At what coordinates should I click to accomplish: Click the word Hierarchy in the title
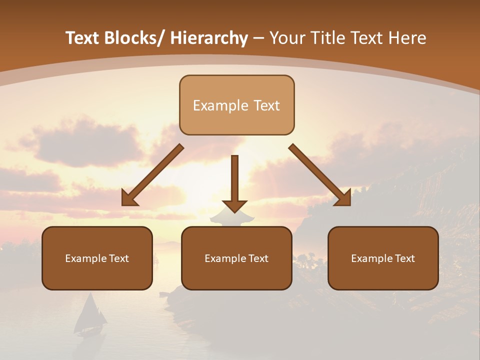click(209, 38)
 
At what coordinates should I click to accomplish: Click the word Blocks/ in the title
click(133, 38)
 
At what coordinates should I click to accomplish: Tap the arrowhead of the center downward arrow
click(234, 205)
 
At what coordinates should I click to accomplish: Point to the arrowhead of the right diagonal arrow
click(344, 199)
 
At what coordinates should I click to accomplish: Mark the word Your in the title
click(286, 38)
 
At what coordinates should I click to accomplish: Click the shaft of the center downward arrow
click(234, 175)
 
